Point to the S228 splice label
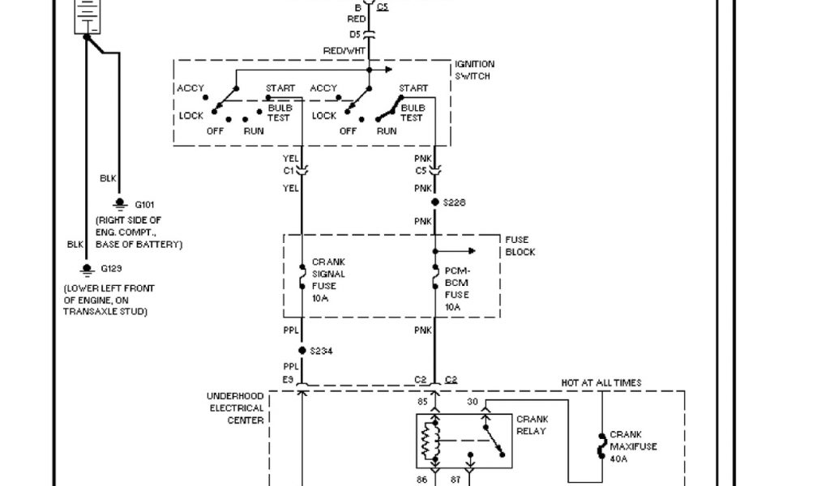point(455,202)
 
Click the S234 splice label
point(322,350)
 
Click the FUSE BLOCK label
point(520,246)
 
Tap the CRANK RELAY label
point(532,424)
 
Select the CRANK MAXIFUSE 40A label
point(633,446)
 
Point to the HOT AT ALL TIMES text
point(601,382)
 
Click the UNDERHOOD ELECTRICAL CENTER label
point(235,408)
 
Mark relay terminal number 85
point(422,400)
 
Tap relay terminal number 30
point(473,400)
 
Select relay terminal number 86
point(422,480)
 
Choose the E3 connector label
point(288,378)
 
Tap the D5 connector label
point(354,34)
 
